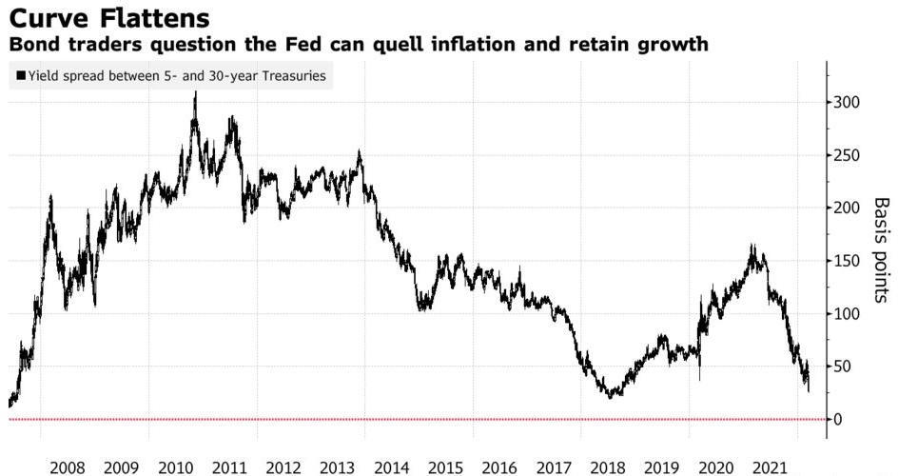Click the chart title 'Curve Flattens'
click(x=108, y=17)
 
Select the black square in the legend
click(x=21, y=76)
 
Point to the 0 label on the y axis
click(x=840, y=420)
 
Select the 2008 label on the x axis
click(x=68, y=467)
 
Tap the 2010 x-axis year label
click(x=176, y=467)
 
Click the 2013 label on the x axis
click(x=339, y=467)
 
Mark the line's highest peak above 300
click(x=196, y=92)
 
